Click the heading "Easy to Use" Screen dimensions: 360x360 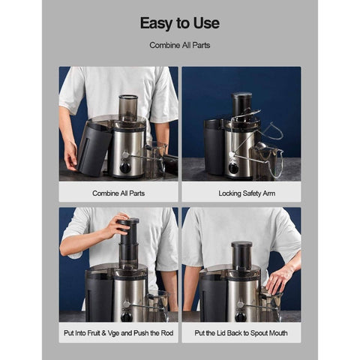(x=180, y=23)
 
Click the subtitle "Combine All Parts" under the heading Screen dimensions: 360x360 (x=180, y=45)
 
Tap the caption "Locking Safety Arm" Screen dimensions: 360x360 (x=241, y=193)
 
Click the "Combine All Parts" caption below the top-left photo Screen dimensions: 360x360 (x=118, y=193)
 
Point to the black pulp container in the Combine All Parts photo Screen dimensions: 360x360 (x=94, y=148)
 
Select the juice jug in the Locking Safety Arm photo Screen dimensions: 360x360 (x=266, y=160)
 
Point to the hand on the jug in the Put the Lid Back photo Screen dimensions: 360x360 (x=279, y=280)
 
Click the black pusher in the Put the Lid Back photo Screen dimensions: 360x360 (x=241, y=255)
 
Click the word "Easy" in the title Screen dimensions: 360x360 (x=155, y=23)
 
